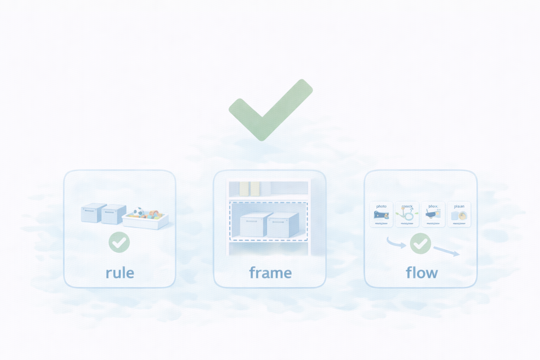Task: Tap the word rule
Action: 120,273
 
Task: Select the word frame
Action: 270,273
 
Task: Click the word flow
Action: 422,273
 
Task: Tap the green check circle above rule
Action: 119,242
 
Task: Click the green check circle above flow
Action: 420,243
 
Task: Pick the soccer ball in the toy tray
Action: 139,212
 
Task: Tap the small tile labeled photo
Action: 381,214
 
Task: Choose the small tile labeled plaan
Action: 459,214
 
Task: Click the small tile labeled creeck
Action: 407,214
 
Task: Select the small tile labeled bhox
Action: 433,214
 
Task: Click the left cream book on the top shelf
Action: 244,189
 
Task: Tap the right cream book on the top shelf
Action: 255,189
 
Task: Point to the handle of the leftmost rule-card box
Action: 89,211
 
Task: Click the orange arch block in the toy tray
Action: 154,213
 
